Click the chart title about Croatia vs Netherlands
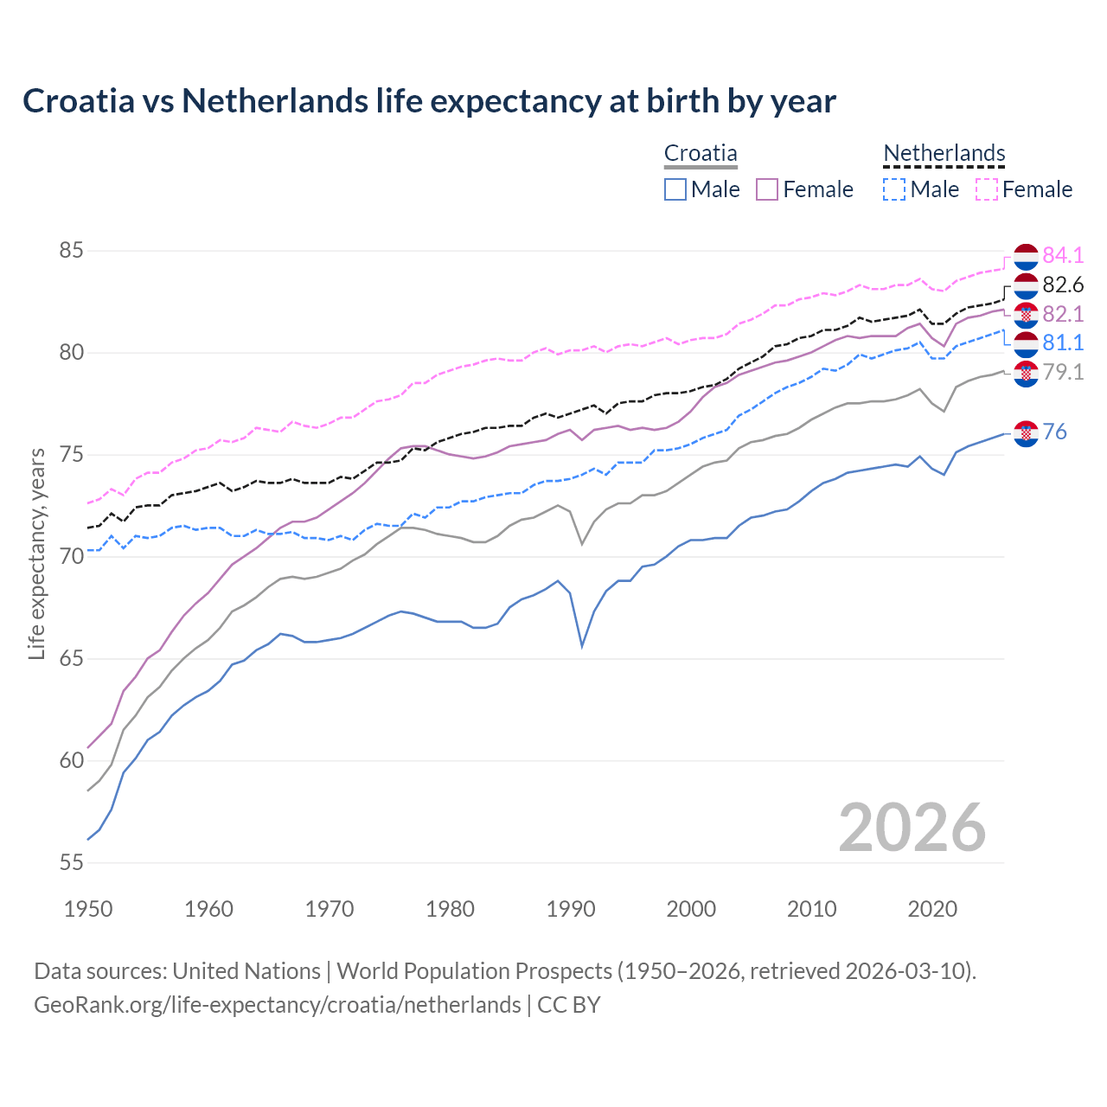click(429, 101)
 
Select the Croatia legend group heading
click(701, 153)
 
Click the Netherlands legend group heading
click(944, 153)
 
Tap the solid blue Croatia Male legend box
click(675, 189)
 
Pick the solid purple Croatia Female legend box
click(767, 189)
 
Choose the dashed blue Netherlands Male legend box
click(894, 189)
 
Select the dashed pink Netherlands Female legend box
click(987, 189)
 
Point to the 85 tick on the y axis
click(71, 251)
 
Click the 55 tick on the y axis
click(71, 862)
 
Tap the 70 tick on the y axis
click(71, 556)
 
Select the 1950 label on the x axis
click(88, 909)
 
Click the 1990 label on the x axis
click(571, 909)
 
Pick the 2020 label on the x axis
click(932, 909)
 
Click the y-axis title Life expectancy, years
click(36, 553)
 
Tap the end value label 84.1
click(1063, 255)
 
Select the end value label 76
click(1054, 432)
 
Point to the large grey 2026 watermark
click(912, 828)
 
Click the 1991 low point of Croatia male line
click(582, 646)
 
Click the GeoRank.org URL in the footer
click(277, 1005)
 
